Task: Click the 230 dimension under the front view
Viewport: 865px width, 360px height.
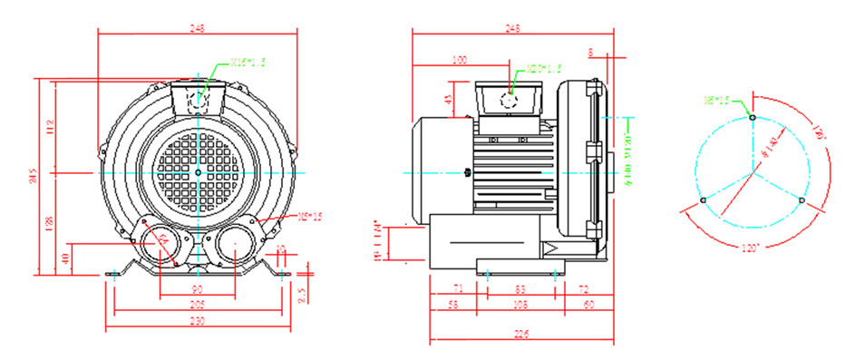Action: (198, 320)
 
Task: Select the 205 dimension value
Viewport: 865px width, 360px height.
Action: (198, 306)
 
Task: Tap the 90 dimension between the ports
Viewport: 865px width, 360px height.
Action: (197, 289)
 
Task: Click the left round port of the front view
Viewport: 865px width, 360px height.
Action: (160, 245)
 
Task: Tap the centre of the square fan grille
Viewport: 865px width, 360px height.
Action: (198, 171)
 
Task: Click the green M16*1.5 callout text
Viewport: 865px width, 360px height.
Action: (248, 63)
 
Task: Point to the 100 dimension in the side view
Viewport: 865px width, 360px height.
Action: (459, 61)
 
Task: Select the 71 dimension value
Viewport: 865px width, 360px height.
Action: (457, 289)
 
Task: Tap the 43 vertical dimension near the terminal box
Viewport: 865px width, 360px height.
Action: (448, 100)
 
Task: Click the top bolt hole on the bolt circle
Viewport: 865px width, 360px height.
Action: (752, 116)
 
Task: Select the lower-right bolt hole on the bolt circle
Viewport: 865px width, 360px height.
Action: (801, 199)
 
